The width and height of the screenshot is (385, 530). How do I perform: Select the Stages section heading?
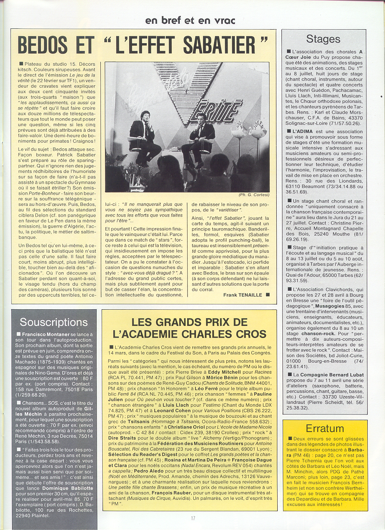(323, 39)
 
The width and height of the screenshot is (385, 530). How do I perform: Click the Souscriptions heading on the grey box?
(53, 322)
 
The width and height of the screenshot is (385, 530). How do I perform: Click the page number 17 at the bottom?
(192, 518)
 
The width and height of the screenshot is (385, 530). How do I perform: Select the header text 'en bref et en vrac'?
(190, 20)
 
